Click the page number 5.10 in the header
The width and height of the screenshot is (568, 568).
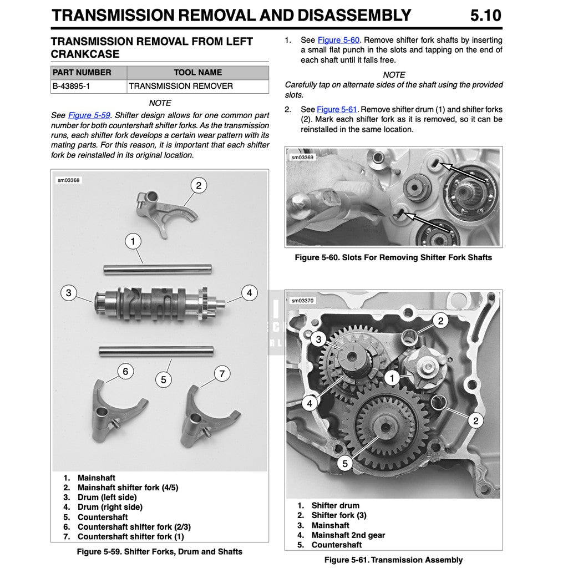pyautogui.click(x=485, y=15)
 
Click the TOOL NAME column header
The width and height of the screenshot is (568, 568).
pyautogui.click(x=197, y=73)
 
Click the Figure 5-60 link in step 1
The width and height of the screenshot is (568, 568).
pyautogui.click(x=338, y=40)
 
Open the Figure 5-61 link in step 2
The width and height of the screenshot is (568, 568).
pyautogui.click(x=337, y=109)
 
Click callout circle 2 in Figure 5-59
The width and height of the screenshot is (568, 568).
pyautogui.click(x=199, y=185)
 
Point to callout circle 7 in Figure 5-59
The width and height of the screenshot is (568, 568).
pyautogui.click(x=222, y=374)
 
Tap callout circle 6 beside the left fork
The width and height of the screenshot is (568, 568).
pyautogui.click(x=125, y=371)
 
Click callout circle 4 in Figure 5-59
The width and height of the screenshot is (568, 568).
pyautogui.click(x=250, y=293)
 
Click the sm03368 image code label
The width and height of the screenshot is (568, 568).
pyautogui.click(x=69, y=180)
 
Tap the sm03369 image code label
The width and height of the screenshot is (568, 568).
pyautogui.click(x=302, y=158)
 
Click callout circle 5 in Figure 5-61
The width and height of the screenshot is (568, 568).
pyautogui.click(x=345, y=463)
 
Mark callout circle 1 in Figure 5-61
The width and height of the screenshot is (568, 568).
pyautogui.click(x=392, y=379)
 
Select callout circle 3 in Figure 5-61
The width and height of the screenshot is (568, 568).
pyautogui.click(x=318, y=339)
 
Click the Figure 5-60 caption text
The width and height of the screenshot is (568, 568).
pyautogui.click(x=393, y=257)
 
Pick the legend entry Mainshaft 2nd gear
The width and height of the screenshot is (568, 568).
pyautogui.click(x=348, y=535)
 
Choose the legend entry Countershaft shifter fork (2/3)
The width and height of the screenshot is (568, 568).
pyautogui.click(x=134, y=527)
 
